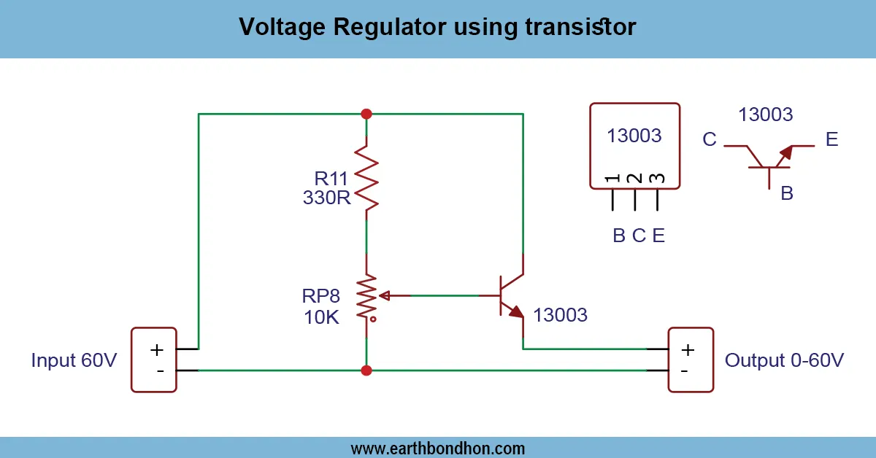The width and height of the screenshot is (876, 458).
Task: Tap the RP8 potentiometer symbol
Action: (x=366, y=296)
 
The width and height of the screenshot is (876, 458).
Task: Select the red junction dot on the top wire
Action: (x=366, y=114)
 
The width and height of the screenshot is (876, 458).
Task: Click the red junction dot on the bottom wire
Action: (x=366, y=370)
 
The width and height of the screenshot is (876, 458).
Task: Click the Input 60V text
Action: (x=74, y=360)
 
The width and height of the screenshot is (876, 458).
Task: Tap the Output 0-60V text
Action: (x=784, y=360)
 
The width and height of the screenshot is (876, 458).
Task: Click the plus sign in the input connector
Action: (x=156, y=349)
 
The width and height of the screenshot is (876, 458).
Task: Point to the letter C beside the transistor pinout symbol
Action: (x=710, y=140)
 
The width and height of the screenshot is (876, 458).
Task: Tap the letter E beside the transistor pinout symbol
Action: (x=832, y=139)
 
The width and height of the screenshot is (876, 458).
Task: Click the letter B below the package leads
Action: (x=619, y=236)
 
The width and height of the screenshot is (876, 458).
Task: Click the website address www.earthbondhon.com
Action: (x=438, y=448)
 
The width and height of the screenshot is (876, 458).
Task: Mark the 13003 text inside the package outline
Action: (x=634, y=136)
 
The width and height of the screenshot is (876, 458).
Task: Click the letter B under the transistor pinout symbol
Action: (x=787, y=193)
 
